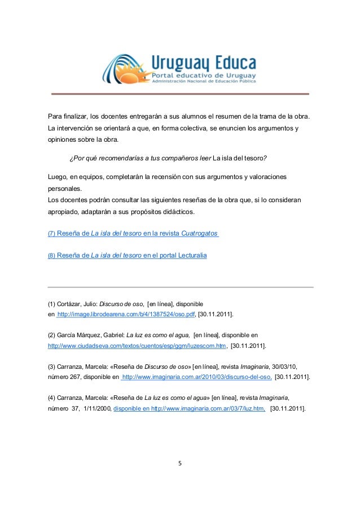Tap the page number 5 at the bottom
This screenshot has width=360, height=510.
[x=179, y=465]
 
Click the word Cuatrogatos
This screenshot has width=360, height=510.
[x=200, y=233]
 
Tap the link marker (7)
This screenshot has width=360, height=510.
[x=51, y=234]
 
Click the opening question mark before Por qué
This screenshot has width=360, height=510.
[x=71, y=157]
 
